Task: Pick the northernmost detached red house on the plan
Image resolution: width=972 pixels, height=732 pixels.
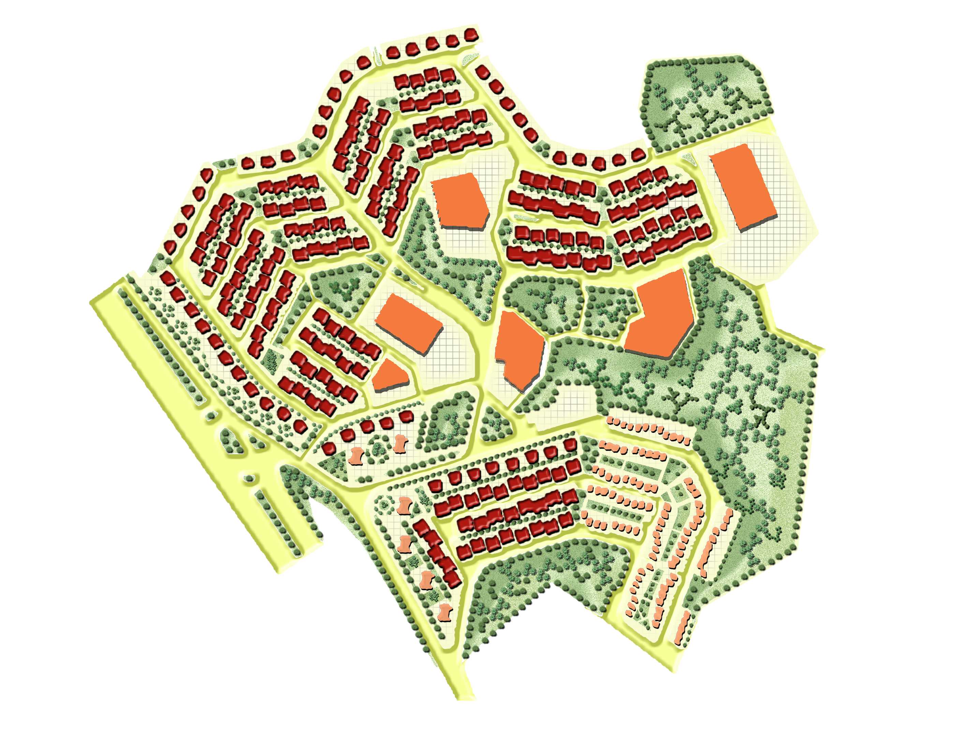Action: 471,34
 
